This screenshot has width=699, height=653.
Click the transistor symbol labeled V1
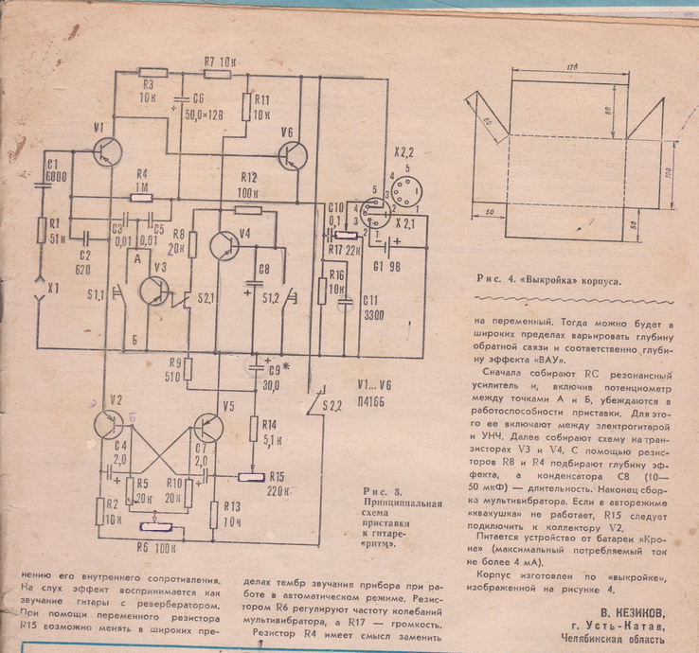coord(109,152)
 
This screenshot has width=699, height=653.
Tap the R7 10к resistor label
coord(218,62)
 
